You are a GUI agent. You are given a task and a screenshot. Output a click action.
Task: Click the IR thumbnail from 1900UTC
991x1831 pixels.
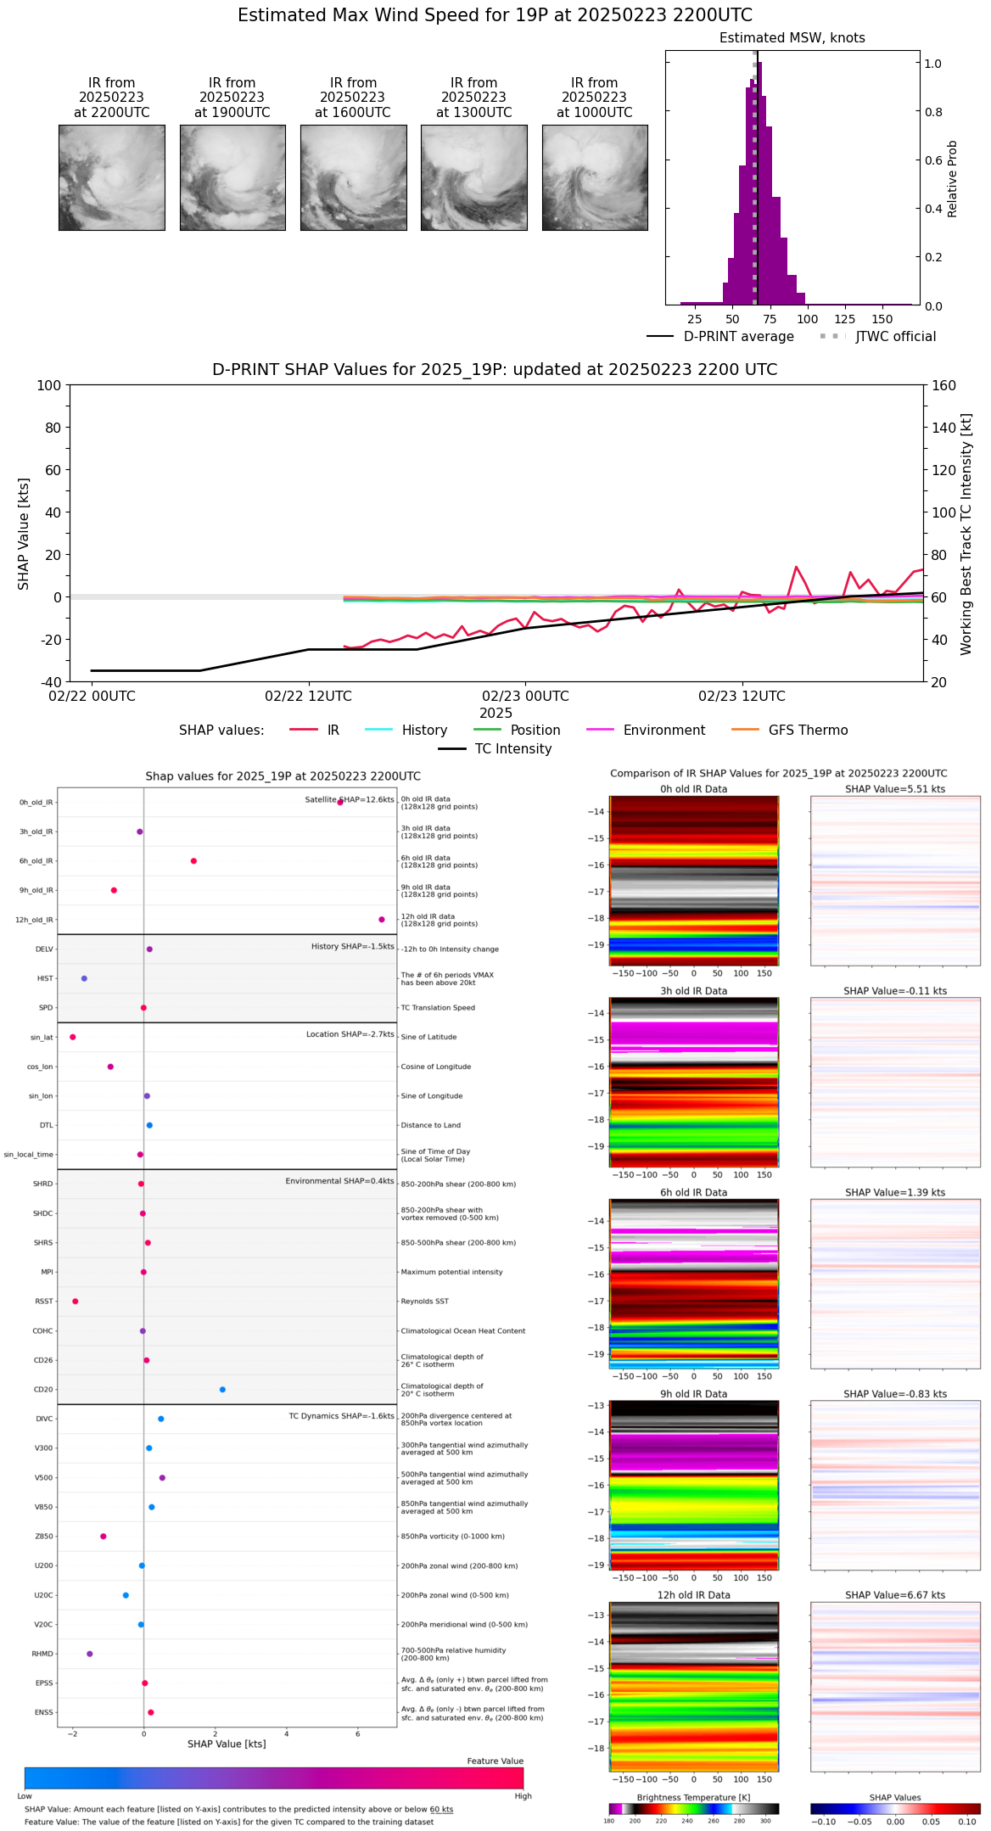232,177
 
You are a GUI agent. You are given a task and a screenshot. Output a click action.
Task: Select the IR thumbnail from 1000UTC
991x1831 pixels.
595,177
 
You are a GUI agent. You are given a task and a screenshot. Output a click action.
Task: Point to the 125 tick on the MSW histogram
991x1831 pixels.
845,319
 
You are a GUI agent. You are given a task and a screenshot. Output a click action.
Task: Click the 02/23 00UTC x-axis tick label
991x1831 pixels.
525,697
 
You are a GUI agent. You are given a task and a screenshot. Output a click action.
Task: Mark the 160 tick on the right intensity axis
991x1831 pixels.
944,385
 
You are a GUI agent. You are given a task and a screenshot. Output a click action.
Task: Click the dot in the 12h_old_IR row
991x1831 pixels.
382,920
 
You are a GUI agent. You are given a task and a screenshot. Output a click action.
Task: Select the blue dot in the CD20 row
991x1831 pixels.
222,1390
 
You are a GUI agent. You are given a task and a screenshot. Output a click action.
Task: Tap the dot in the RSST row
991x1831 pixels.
76,1302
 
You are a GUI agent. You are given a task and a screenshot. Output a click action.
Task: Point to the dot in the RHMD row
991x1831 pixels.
90,1654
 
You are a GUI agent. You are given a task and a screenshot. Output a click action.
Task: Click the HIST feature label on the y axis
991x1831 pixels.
45,978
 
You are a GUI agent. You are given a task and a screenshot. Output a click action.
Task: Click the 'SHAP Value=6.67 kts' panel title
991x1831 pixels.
895,1595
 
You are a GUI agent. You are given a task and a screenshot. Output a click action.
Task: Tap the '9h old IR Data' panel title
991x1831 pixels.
693,1394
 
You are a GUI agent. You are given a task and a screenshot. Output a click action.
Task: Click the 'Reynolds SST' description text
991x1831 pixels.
424,1302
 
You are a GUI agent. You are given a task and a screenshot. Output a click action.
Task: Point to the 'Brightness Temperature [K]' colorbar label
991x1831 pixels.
693,1798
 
